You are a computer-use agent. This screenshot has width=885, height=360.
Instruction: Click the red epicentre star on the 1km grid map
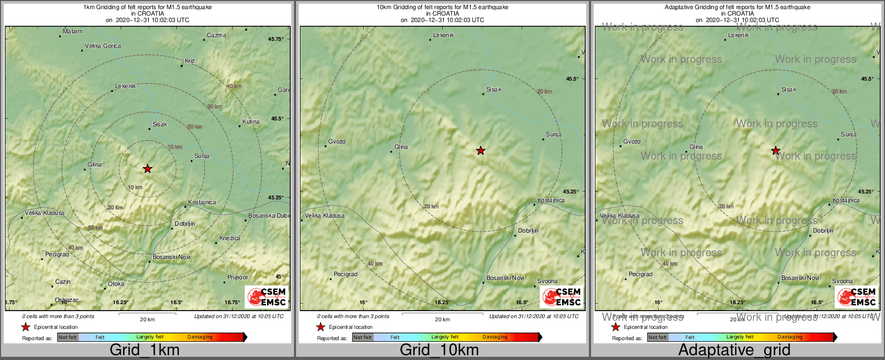[148, 169]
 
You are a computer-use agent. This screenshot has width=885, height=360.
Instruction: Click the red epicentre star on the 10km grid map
[481, 151]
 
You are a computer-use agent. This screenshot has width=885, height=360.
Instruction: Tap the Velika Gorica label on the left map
[103, 46]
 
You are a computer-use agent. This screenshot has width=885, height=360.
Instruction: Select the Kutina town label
[251, 121]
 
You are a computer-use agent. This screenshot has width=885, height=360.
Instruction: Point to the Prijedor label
[238, 278]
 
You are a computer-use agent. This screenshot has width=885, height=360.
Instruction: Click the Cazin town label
[63, 282]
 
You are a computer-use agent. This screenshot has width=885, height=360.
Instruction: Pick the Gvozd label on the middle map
[337, 142]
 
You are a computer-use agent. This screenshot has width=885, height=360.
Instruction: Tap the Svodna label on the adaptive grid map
[843, 282]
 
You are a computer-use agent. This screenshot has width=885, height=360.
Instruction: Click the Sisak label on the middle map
[494, 90]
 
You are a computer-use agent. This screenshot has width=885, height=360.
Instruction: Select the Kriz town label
[190, 61]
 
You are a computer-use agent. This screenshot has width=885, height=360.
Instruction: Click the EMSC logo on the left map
[267, 297]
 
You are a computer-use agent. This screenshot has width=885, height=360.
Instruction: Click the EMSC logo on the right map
[857, 297]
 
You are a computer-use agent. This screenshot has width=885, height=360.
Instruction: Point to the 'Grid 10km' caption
[439, 350]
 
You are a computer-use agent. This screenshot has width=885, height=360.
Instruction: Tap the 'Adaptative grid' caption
[734, 350]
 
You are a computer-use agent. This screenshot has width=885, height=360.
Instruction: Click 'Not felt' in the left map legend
[68, 337]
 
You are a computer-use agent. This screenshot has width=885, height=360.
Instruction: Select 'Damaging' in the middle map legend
[495, 337]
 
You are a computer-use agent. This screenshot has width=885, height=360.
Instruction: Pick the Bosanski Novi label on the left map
[172, 257]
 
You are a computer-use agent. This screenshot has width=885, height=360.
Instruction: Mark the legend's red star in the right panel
[616, 327]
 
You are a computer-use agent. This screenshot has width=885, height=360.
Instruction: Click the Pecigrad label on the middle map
[346, 275]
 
